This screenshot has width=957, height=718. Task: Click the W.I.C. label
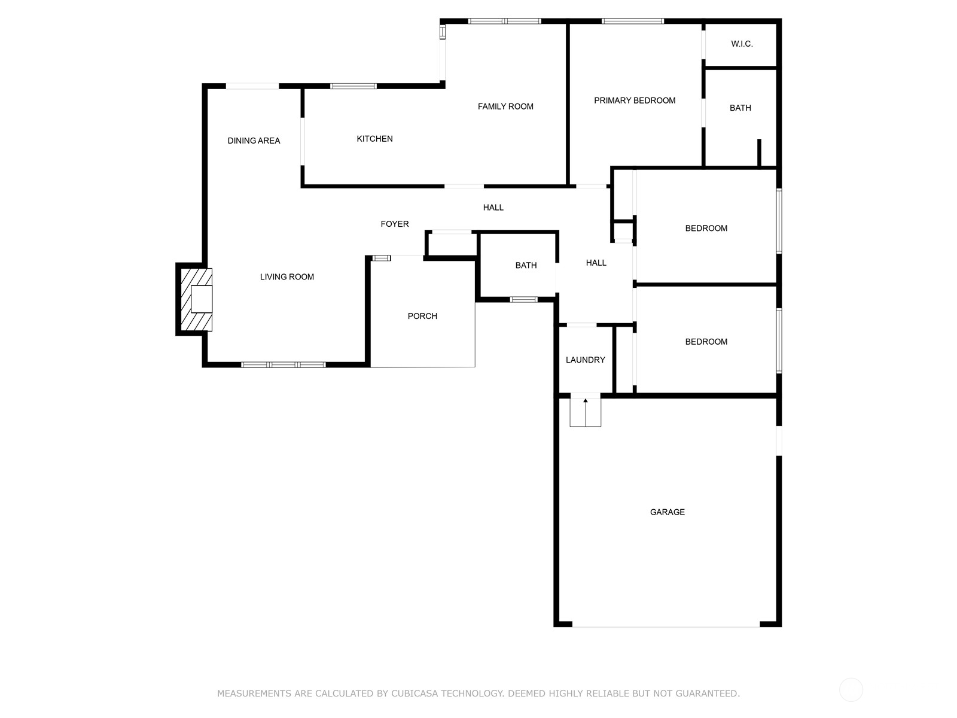(x=742, y=44)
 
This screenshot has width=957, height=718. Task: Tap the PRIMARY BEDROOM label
(x=635, y=101)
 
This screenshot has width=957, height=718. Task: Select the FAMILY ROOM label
(x=505, y=107)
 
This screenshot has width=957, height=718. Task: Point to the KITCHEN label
(x=374, y=139)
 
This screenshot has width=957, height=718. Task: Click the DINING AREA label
(x=254, y=141)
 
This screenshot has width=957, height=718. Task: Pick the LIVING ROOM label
(x=287, y=277)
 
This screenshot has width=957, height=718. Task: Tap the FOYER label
(x=395, y=224)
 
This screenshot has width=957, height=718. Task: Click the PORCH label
(x=422, y=316)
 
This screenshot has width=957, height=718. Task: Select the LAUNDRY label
(x=586, y=360)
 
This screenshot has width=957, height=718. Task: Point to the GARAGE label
(x=668, y=512)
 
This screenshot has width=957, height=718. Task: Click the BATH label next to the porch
(x=526, y=266)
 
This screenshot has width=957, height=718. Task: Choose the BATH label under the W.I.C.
(x=740, y=108)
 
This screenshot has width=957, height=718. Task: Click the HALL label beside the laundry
(x=596, y=263)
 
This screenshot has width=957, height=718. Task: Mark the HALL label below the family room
(x=493, y=208)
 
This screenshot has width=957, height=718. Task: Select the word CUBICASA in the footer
(x=415, y=693)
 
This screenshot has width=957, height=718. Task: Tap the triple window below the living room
(x=284, y=364)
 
